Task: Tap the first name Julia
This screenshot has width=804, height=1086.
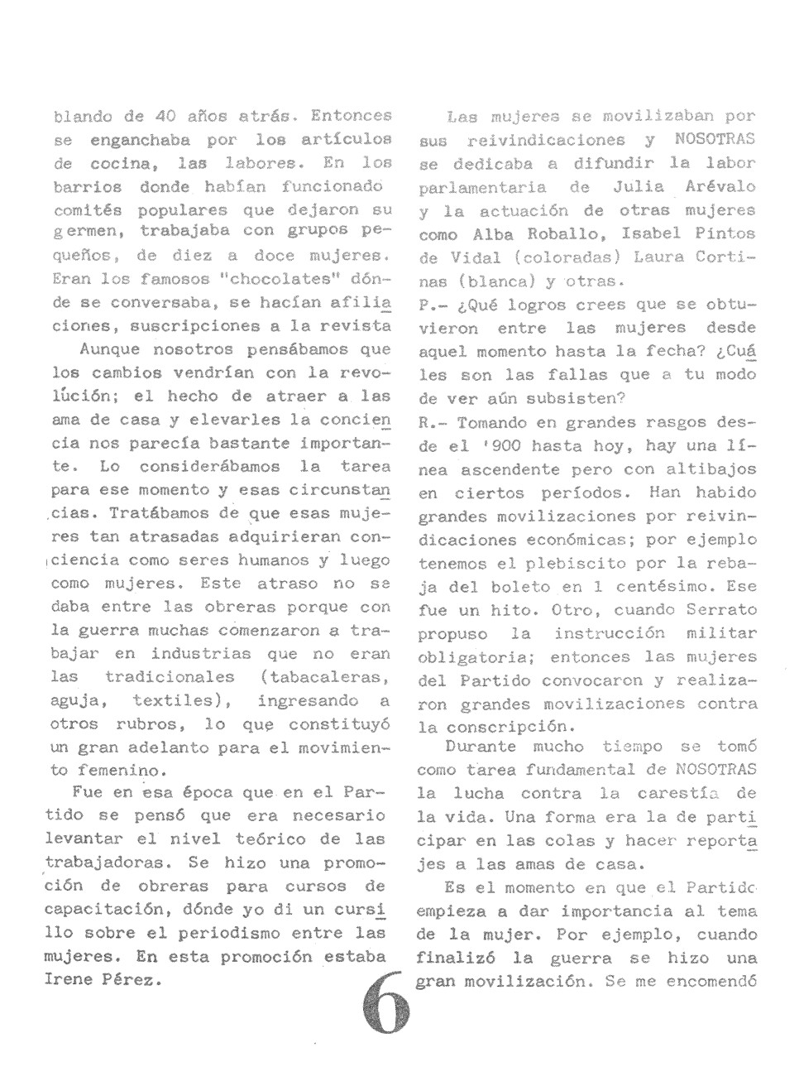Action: click(x=639, y=187)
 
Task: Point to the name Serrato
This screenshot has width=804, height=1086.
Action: click(x=722, y=610)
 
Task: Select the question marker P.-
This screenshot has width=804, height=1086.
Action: click(x=431, y=305)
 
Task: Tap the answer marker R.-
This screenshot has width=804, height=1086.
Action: click(x=431, y=422)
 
